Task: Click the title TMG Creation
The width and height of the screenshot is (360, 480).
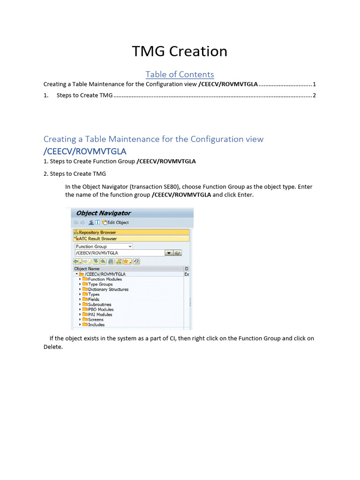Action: [180, 51]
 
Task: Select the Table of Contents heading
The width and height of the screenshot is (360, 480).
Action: [180, 75]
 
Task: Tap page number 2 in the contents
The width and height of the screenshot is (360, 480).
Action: [315, 96]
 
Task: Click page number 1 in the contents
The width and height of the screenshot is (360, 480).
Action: [315, 84]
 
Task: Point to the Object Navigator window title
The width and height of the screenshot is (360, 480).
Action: [104, 213]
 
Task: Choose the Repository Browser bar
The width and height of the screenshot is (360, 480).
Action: [97, 232]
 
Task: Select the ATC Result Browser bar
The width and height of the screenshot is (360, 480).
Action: [97, 239]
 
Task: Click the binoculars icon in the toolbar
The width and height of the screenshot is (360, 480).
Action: [111, 261]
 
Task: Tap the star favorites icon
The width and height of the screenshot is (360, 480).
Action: [126, 261]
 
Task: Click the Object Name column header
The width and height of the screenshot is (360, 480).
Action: [87, 269]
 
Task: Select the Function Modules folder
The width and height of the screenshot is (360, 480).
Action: [105, 279]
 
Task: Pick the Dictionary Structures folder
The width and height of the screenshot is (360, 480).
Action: [108, 290]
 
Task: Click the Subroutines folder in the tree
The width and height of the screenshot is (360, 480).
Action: [100, 305]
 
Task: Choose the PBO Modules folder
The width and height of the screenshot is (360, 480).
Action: [100, 310]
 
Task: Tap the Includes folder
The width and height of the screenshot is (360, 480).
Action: [96, 325]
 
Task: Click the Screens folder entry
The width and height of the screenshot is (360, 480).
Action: [96, 320]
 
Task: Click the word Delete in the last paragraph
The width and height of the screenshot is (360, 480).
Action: [52, 347]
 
